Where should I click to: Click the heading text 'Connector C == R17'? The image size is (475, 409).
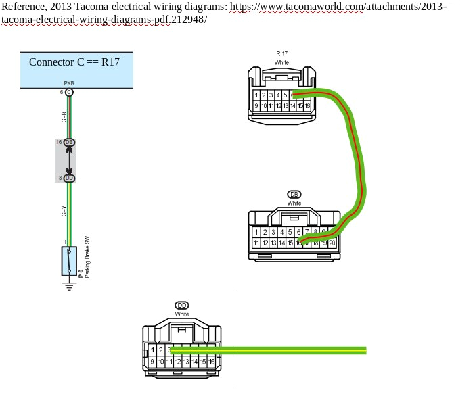[74, 62]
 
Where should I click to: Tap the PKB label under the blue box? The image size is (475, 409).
[69, 84]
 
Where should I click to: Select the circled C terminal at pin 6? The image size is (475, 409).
[69, 92]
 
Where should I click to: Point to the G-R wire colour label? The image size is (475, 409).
[64, 116]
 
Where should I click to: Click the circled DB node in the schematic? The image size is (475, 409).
[69, 142]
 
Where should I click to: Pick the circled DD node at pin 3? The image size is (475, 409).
[69, 178]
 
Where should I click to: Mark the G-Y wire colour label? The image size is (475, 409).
[64, 211]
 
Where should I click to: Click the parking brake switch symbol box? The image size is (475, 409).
[69, 261]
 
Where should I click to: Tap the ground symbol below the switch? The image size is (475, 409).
[69, 285]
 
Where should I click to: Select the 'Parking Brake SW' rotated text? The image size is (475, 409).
[87, 258]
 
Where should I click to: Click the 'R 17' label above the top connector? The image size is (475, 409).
[281, 53]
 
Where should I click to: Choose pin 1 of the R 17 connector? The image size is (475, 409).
[257, 96]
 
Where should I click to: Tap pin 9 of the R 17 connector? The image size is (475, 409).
[257, 106]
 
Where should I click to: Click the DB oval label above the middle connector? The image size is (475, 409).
[294, 194]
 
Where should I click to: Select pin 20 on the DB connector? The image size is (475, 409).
[332, 243]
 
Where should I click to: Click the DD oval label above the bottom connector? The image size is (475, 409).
[182, 305]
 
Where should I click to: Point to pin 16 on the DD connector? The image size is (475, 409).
[212, 362]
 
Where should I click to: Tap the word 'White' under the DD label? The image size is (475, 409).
[182, 314]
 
